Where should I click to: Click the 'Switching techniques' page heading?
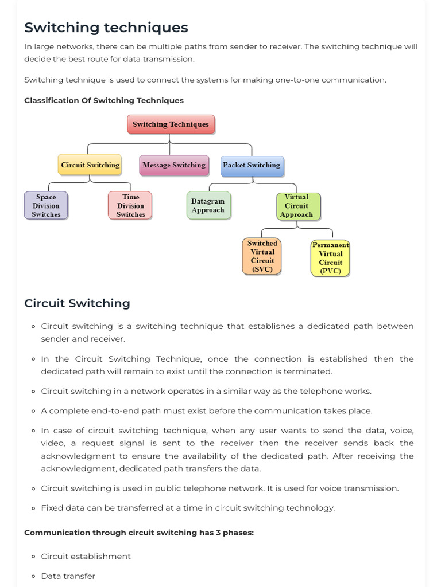[x=106, y=28]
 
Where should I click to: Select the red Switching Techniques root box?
[x=171, y=124]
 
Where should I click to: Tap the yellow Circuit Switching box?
[x=90, y=165]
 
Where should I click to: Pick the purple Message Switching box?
[x=173, y=165]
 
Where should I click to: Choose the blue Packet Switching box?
[x=252, y=165]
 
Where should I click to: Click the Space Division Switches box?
[x=46, y=206]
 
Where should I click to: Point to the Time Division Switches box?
[x=130, y=206]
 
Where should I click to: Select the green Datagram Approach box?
[x=208, y=206]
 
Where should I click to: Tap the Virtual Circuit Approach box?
[x=296, y=206]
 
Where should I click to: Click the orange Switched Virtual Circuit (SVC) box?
[x=262, y=256]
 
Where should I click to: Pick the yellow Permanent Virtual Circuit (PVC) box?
[x=330, y=258]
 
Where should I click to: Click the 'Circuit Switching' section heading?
[x=77, y=303]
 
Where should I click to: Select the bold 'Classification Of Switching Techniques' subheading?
[x=104, y=100]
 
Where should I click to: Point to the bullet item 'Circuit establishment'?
[x=86, y=557]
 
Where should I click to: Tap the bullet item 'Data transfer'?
[x=68, y=576]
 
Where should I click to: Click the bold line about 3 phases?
[x=139, y=533]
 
